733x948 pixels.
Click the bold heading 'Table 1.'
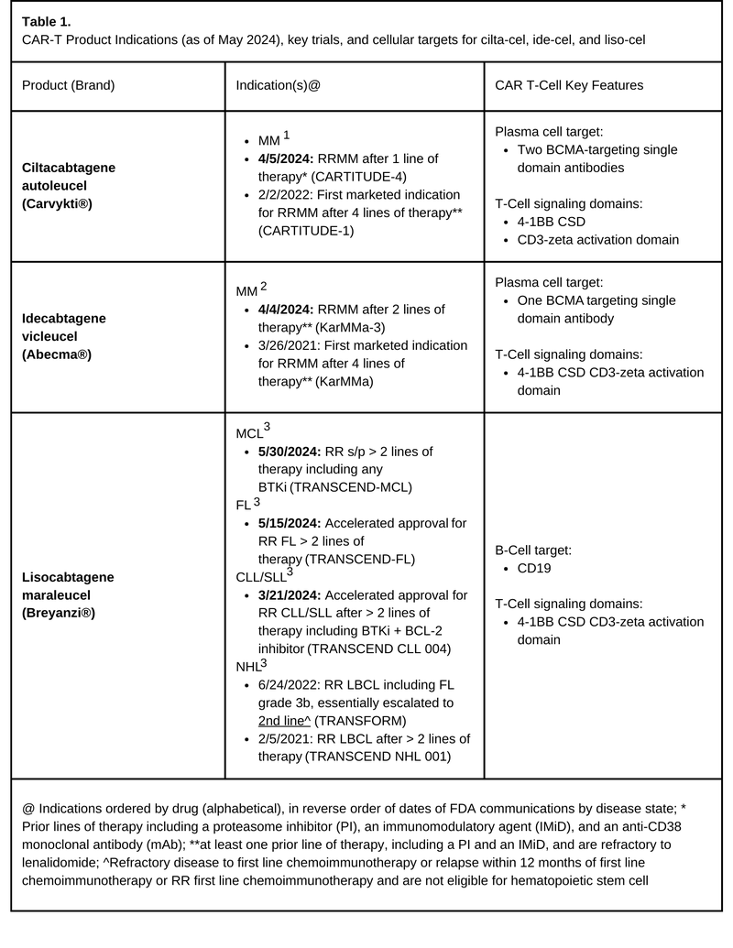[46, 20]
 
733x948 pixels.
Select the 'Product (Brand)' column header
[69, 85]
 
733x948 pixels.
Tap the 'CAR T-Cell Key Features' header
[568, 85]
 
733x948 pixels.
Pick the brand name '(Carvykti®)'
[59, 202]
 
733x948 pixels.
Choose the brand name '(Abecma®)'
[57, 353]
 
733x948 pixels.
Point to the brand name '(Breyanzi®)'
[59, 611]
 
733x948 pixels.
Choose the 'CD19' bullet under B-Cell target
[535, 568]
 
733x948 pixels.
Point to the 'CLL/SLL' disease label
[260, 575]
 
